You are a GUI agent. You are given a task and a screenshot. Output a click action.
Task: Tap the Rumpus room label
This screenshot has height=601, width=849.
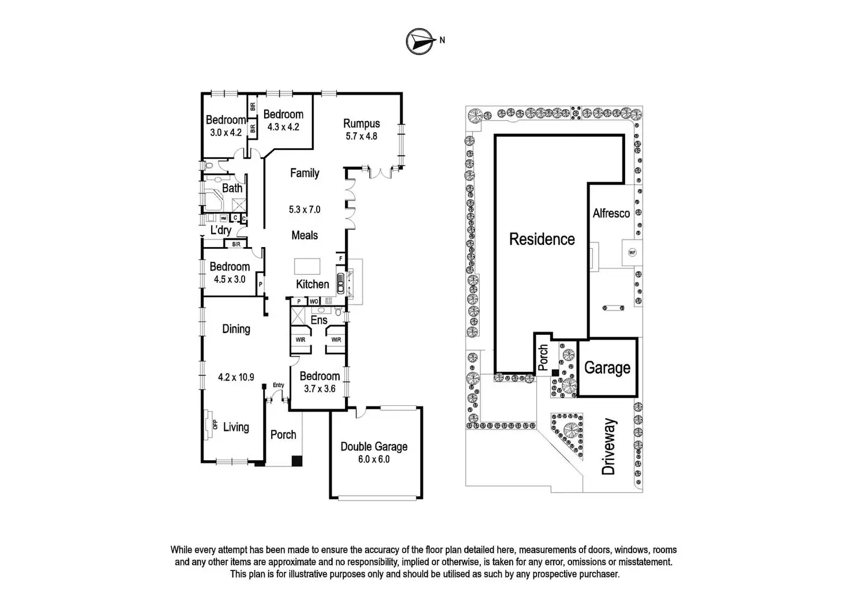click(362, 124)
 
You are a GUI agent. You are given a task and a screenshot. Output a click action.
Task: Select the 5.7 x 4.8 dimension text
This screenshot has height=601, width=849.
click(362, 136)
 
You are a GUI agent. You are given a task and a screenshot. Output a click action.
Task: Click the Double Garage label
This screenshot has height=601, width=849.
click(374, 446)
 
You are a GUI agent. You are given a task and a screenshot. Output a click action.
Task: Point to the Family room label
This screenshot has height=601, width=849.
click(305, 173)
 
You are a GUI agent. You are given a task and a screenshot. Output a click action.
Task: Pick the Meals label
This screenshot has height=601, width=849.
click(305, 235)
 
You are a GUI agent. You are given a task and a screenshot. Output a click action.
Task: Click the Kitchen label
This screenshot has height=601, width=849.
click(313, 284)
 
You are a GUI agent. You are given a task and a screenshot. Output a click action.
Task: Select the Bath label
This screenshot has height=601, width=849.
click(232, 188)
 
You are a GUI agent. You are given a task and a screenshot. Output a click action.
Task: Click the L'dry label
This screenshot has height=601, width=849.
click(221, 230)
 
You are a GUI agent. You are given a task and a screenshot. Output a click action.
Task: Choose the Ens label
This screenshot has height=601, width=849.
click(319, 320)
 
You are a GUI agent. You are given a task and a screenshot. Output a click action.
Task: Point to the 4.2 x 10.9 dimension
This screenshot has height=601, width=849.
click(236, 377)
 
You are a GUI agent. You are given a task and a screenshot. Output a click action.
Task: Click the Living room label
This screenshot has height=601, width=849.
click(236, 427)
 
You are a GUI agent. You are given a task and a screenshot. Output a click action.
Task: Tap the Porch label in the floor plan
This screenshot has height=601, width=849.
click(283, 435)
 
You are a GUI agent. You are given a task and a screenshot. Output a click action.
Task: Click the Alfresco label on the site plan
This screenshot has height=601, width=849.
click(611, 213)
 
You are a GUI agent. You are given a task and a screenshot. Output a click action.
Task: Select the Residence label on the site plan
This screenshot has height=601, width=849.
click(542, 239)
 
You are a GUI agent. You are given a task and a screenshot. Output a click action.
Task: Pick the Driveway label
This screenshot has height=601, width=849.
click(608, 447)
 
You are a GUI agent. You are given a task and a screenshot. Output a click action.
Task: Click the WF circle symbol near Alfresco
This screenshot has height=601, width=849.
click(632, 252)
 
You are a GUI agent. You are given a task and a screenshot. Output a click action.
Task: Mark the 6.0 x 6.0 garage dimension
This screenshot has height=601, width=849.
click(374, 459)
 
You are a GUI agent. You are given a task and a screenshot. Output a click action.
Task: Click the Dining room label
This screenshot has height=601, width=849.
click(236, 329)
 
